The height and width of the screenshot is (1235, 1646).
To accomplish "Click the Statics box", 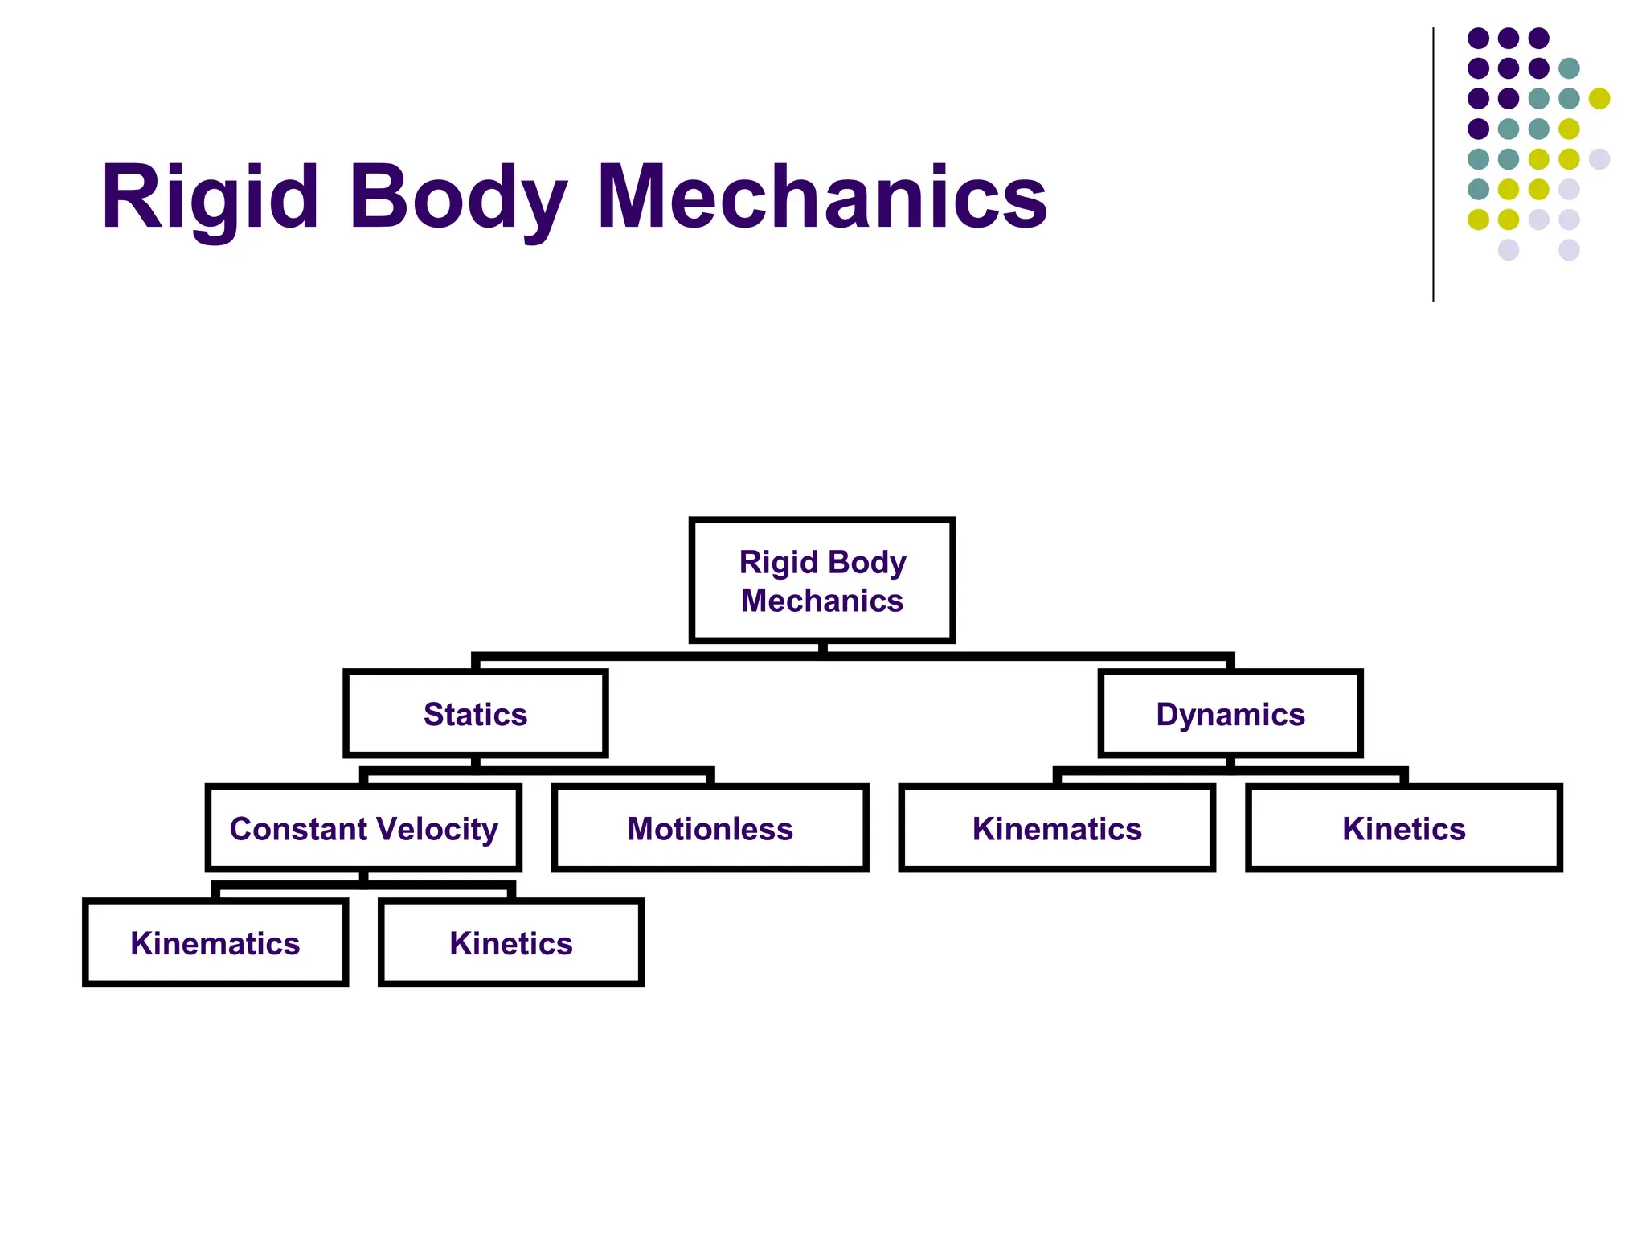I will pyautogui.click(x=475, y=714).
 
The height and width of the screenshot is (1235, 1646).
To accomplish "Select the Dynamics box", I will pyautogui.click(x=1230, y=714).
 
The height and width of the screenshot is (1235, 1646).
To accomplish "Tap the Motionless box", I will pyautogui.click(x=710, y=828).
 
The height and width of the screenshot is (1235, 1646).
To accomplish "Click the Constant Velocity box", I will pyautogui.click(x=363, y=828).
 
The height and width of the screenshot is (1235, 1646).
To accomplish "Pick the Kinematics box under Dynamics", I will pyautogui.click(x=1056, y=828).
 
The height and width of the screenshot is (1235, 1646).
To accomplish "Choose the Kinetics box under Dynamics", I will pyautogui.click(x=1403, y=828).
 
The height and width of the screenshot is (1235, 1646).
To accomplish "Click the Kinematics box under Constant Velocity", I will pyautogui.click(x=215, y=942).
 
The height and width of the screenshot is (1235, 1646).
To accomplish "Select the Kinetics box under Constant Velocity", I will pyautogui.click(x=511, y=942).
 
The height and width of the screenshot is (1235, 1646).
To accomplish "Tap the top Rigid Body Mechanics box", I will pyautogui.click(x=822, y=581).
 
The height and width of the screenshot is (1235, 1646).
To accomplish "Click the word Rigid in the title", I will pyautogui.click(x=210, y=198).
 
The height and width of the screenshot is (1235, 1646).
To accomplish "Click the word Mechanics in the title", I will pyautogui.click(x=821, y=198).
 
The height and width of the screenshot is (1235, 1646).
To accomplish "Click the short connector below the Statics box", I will pyautogui.click(x=475, y=762).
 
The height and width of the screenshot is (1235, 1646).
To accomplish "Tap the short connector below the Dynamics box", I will pyautogui.click(x=1230, y=762).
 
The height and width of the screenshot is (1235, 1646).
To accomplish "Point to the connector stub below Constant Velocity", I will pyautogui.click(x=363, y=877).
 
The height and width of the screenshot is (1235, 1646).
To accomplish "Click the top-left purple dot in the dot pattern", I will pyautogui.click(x=1478, y=38).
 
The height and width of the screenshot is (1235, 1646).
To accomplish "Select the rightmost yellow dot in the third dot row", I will pyautogui.click(x=1599, y=98).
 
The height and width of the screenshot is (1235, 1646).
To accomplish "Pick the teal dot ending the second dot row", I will pyautogui.click(x=1569, y=68).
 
